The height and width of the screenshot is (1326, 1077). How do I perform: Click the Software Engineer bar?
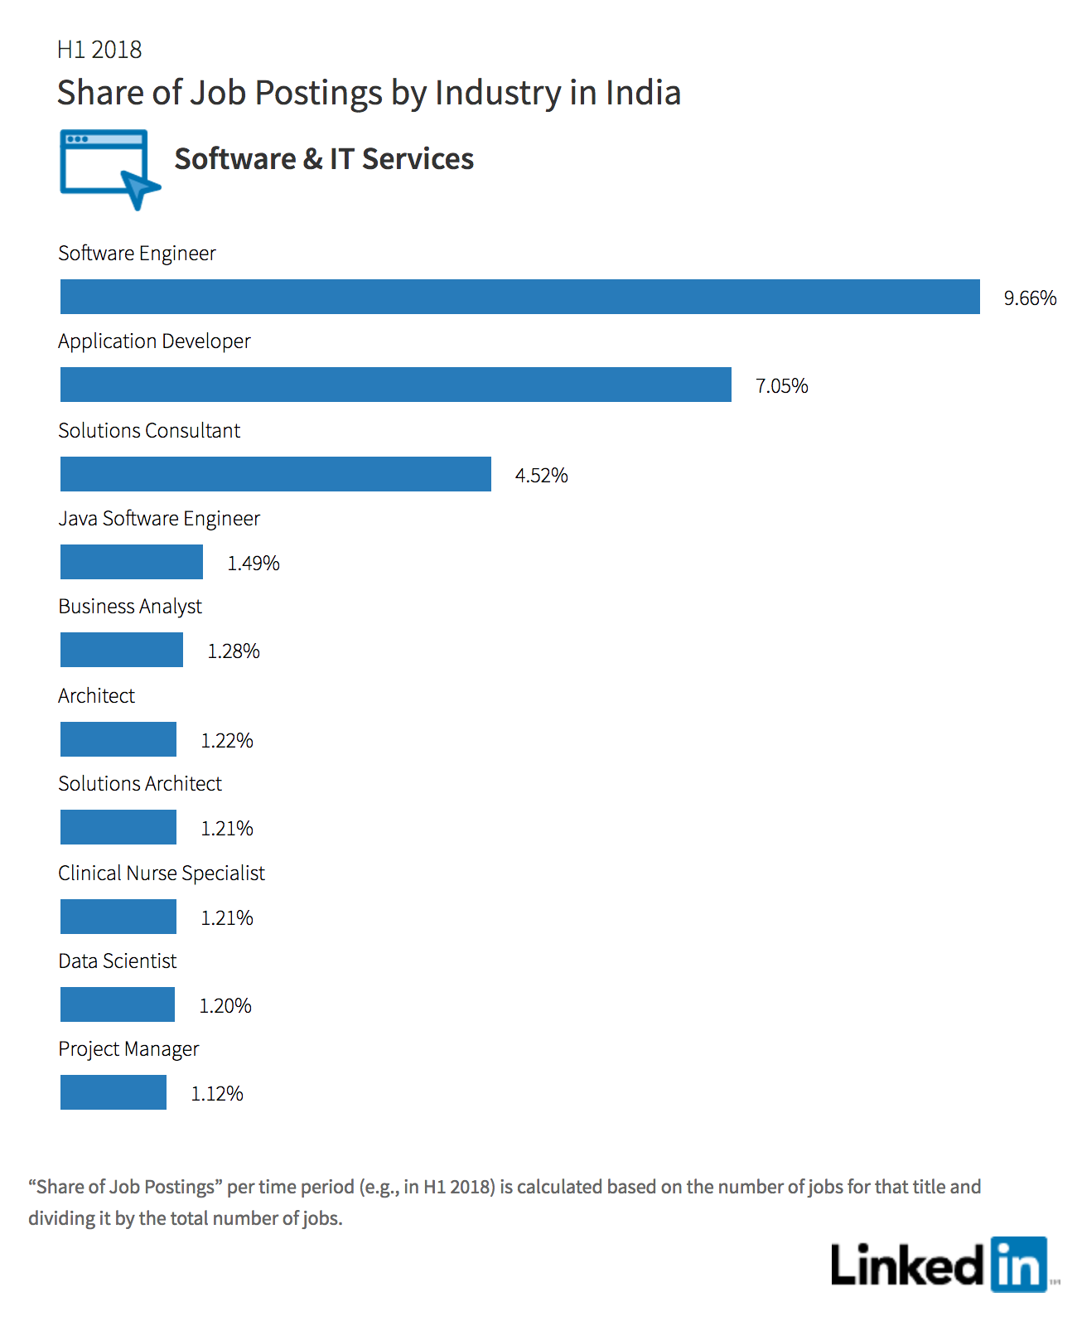pos(519,297)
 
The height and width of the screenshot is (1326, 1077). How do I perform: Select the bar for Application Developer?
pos(396,384)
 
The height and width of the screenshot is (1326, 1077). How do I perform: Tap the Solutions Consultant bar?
pos(276,474)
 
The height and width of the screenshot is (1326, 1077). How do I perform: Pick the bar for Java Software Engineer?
pos(131,562)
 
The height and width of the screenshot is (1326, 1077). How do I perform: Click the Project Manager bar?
pos(113,1092)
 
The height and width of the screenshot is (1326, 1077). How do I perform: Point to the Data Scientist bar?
pos(117,1004)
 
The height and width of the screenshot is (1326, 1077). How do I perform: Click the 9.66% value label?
pos(1030,298)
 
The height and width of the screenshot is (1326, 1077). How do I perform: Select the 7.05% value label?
pos(781,385)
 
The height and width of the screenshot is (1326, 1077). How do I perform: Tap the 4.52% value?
pos(541,475)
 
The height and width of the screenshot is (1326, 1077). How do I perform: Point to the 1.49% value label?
pos(254,563)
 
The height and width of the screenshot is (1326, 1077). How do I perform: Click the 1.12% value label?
pos(216,1093)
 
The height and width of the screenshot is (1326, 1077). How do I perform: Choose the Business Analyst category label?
pos(130,607)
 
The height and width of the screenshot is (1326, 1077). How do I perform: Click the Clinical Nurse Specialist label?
pos(162,873)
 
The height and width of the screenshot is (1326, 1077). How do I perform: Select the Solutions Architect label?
pos(140,783)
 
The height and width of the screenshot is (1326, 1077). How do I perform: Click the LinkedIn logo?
pos(944,1264)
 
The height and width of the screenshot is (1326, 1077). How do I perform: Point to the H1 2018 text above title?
pos(99,49)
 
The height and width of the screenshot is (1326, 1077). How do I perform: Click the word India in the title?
pos(644,93)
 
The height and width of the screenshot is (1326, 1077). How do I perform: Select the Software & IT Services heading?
pos(324,159)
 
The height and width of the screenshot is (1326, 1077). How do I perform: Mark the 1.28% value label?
pos(234,651)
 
